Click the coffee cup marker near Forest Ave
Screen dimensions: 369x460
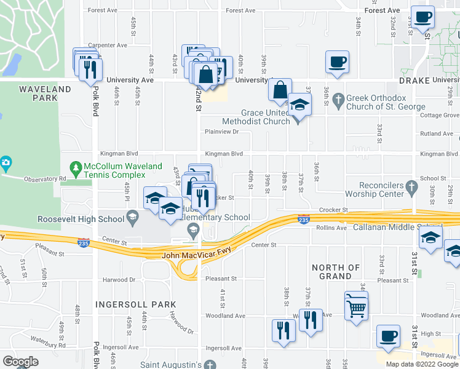[x=422, y=17]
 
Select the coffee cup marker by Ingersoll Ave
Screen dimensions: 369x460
[x=387, y=336]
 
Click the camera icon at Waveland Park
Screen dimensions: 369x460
[x=6, y=164]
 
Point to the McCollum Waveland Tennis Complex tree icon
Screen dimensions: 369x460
[x=75, y=167]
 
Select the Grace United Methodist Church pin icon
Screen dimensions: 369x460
[x=298, y=120]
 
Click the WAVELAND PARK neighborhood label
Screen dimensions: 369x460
[x=45, y=93]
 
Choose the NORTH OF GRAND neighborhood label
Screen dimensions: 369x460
[x=336, y=272]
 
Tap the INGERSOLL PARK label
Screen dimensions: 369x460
[x=136, y=304]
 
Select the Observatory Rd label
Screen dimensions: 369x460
[x=45, y=179]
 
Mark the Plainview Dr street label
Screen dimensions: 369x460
[x=221, y=132]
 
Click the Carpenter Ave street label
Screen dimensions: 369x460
[x=107, y=45]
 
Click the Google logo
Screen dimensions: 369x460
[x=20, y=361]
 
